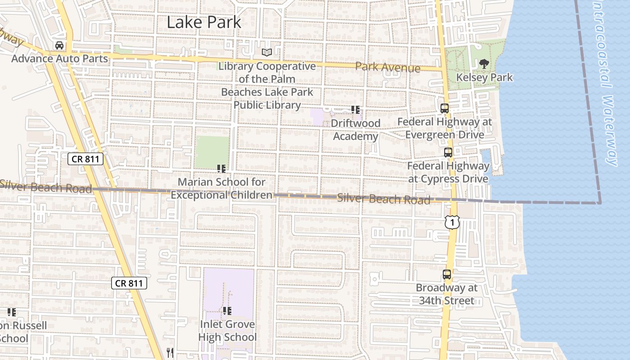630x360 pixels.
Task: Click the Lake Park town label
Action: (x=204, y=22)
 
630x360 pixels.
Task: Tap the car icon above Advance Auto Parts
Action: (x=59, y=45)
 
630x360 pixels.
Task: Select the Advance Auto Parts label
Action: (x=59, y=58)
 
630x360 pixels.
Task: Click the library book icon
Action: (x=267, y=53)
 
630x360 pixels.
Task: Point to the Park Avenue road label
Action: (x=387, y=67)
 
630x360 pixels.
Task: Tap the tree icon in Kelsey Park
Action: (x=484, y=64)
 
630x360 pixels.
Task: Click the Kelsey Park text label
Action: (x=484, y=77)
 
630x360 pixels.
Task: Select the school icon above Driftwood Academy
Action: (x=355, y=110)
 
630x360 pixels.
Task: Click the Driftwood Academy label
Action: (x=356, y=130)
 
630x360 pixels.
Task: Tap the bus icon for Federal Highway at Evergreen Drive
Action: (x=445, y=108)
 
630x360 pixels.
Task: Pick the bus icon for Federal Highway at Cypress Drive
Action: (x=448, y=153)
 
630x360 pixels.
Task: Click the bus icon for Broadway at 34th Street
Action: (x=447, y=274)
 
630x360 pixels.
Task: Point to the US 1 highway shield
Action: (x=453, y=221)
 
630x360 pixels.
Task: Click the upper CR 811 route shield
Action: (x=86, y=158)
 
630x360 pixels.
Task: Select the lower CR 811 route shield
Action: (x=129, y=283)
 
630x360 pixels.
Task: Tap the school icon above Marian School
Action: (x=221, y=169)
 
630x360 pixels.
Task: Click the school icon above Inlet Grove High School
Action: (x=227, y=311)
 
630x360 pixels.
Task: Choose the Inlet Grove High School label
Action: (x=227, y=331)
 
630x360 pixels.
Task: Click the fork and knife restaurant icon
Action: (x=170, y=353)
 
